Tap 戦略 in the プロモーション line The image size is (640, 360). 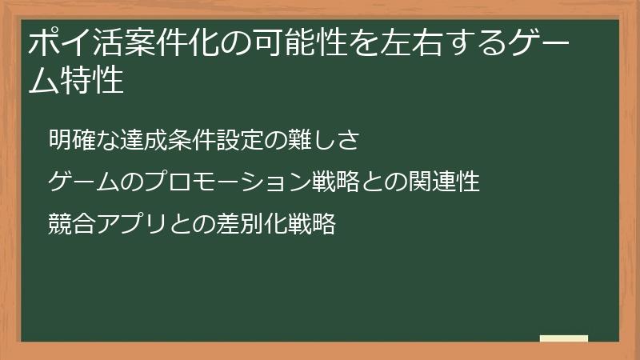click(x=334, y=182)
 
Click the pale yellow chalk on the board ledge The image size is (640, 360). click(x=564, y=338)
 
